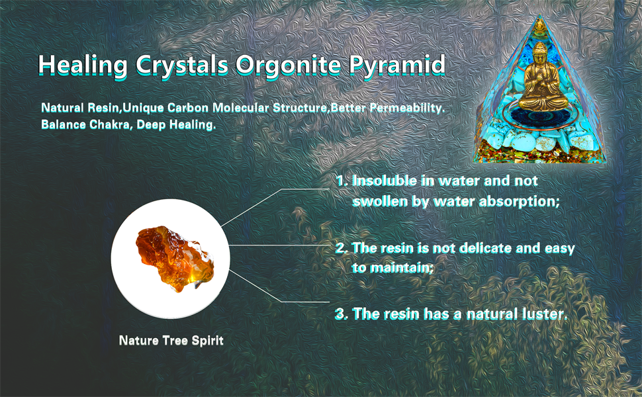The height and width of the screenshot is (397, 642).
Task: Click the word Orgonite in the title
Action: tap(287, 66)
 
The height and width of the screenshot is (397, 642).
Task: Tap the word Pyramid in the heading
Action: tap(396, 66)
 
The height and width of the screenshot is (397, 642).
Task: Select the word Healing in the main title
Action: tap(83, 66)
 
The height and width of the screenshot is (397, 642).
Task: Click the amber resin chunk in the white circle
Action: tap(175, 259)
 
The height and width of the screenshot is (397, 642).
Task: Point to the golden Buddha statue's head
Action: tap(539, 51)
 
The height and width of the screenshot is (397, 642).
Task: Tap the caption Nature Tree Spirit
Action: tap(171, 341)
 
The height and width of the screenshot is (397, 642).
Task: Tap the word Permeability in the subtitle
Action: tap(407, 108)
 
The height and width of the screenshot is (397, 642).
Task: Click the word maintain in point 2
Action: tap(392, 268)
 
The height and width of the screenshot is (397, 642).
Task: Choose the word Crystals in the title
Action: tap(181, 66)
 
